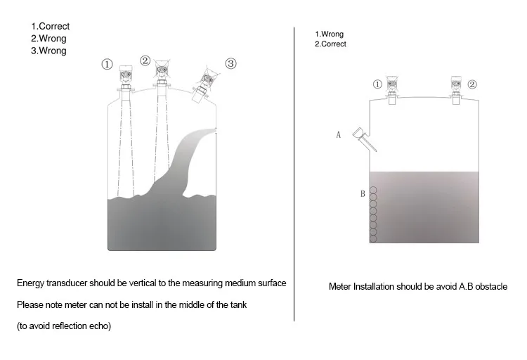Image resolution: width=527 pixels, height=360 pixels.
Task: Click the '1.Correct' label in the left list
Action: (50, 27)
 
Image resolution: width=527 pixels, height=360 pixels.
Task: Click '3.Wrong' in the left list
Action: (48, 51)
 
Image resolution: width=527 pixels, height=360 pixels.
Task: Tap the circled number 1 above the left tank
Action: (108, 64)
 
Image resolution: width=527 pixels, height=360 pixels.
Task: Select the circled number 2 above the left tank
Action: (145, 60)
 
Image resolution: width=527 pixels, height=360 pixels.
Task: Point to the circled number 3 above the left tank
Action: (230, 64)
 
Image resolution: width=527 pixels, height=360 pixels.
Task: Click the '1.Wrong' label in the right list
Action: (329, 34)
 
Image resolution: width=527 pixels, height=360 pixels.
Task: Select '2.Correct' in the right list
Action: (330, 44)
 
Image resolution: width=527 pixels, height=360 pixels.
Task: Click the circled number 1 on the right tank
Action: (377, 84)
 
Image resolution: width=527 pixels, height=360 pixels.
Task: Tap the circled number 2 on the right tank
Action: (472, 84)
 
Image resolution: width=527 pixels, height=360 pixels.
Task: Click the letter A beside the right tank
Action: (339, 134)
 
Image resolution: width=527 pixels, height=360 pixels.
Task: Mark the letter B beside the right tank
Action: (363, 193)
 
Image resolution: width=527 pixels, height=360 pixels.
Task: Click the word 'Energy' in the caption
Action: (32, 283)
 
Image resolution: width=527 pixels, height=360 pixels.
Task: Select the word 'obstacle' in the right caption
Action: (489, 287)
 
